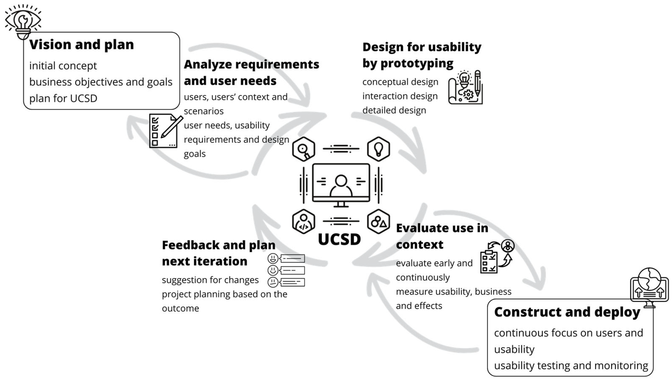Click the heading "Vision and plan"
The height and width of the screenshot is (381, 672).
[81, 45]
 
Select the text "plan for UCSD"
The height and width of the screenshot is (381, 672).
[63, 98]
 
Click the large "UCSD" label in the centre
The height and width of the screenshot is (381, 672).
[339, 239]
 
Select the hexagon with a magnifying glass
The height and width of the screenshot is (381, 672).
[304, 149]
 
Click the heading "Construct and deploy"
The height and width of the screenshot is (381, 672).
[567, 312]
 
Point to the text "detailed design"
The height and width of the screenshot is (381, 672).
[394, 110]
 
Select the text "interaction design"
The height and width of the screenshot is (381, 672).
[400, 96]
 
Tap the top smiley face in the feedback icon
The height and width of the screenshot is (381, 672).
[273, 259]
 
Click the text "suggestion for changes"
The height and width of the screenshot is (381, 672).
[210, 280]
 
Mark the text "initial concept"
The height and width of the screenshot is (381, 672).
[63, 66]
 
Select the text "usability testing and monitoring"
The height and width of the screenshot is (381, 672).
[571, 366]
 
